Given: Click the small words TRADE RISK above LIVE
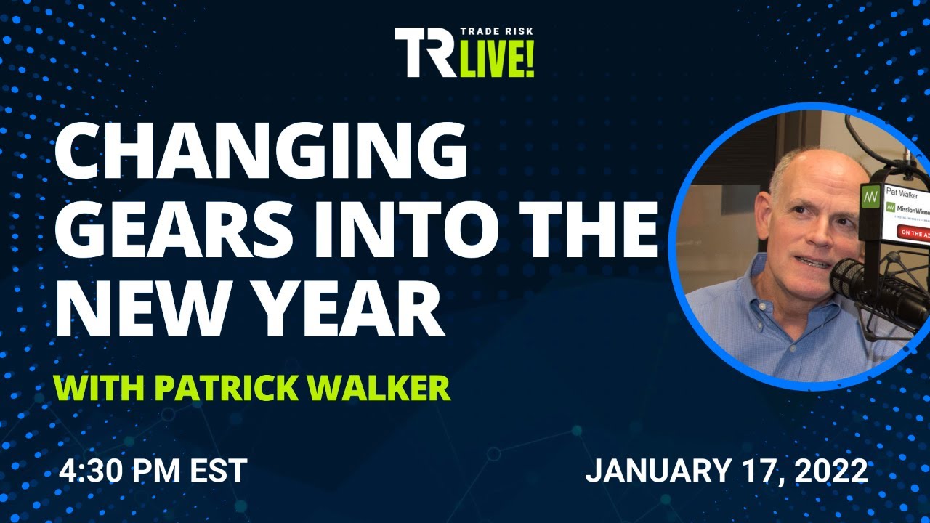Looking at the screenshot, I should (498, 34).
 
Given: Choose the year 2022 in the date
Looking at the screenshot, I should (831, 471).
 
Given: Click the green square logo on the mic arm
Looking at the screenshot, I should (870, 197).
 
